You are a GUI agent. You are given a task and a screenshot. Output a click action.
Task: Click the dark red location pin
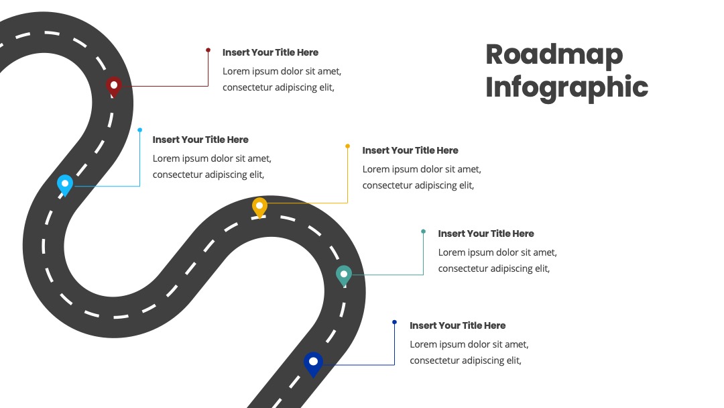[113, 87]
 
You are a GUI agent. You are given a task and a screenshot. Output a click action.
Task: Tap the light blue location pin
[65, 185]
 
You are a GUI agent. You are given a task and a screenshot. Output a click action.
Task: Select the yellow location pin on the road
[260, 207]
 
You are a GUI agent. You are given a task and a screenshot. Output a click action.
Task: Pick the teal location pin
[343, 276]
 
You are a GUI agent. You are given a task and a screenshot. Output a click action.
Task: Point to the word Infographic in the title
[566, 88]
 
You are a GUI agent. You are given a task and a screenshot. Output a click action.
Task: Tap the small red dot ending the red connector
[208, 50]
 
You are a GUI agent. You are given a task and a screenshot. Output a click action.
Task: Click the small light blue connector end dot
[140, 130]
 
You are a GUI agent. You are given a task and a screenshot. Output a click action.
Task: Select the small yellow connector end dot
[348, 146]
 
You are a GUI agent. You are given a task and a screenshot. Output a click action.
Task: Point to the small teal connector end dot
[424, 232]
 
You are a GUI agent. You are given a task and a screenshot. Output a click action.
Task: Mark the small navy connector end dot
[394, 322]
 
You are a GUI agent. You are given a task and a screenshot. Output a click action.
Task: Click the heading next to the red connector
[270, 52]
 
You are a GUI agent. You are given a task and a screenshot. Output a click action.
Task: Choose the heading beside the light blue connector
[200, 140]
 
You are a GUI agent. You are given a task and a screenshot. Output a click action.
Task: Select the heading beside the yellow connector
[410, 150]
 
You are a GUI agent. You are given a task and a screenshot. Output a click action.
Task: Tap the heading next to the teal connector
[486, 234]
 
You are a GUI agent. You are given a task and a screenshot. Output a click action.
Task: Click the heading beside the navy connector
[458, 325]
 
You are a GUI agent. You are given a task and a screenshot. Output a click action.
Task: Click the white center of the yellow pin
[260, 205]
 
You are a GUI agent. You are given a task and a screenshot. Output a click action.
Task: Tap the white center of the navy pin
[313, 361]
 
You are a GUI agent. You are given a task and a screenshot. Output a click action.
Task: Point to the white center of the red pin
[113, 85]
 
